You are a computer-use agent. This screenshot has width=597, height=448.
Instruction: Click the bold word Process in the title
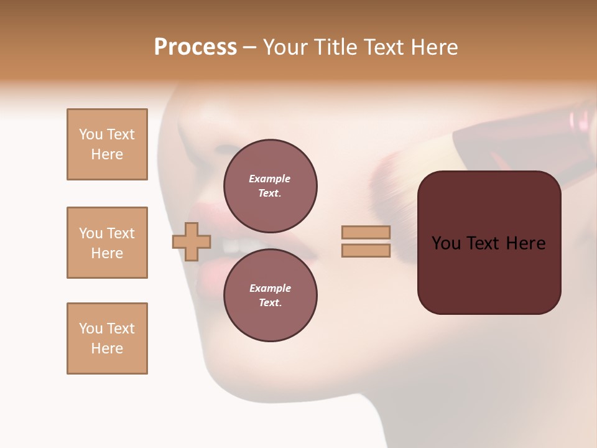pyautogui.click(x=195, y=47)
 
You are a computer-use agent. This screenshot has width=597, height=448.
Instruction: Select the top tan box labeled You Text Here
pyautogui.click(x=107, y=144)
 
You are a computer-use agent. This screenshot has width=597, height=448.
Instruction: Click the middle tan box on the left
pyautogui.click(x=107, y=243)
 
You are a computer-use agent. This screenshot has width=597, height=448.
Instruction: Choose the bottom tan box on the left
pyautogui.click(x=107, y=338)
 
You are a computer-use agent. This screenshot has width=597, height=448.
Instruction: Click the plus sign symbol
pyautogui.click(x=192, y=241)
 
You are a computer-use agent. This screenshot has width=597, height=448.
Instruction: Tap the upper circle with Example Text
pyautogui.click(x=270, y=186)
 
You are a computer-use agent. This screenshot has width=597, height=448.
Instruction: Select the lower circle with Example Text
pyautogui.click(x=270, y=296)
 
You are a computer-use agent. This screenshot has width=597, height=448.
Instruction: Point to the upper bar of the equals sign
pyautogui.click(x=366, y=232)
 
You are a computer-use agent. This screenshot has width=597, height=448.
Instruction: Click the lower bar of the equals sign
pyautogui.click(x=366, y=251)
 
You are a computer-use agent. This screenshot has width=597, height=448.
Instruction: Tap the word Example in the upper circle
pyautogui.click(x=270, y=179)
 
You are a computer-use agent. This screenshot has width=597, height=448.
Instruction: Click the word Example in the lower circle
pyautogui.click(x=270, y=288)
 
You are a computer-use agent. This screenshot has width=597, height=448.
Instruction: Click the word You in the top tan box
pyautogui.click(x=90, y=134)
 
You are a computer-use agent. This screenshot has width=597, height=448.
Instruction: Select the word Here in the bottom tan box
pyautogui.click(x=107, y=348)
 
